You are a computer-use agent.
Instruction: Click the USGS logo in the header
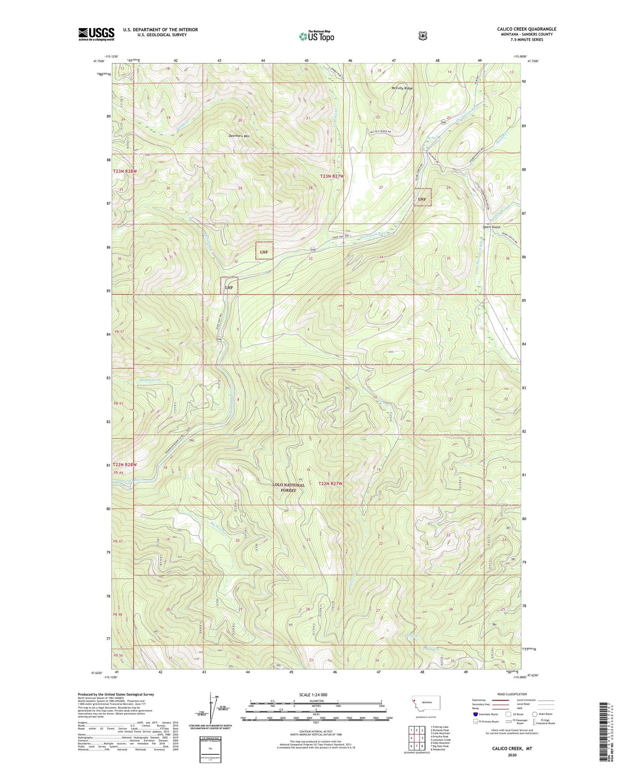[x=96, y=34]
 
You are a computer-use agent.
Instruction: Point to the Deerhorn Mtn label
[x=239, y=136]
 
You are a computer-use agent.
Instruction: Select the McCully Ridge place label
[x=402, y=88]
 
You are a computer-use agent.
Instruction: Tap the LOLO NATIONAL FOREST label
[x=289, y=488]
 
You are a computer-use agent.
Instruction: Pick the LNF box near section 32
[x=264, y=252]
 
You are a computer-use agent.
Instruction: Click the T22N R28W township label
[x=125, y=465]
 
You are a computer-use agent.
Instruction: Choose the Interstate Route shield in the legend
[x=475, y=714]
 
